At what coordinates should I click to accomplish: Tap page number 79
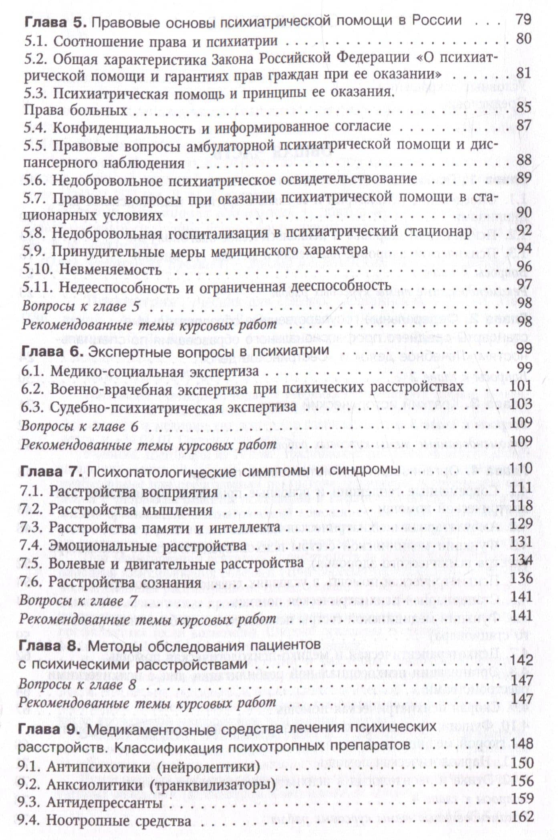tap(522, 19)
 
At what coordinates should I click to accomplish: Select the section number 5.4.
tap(35, 127)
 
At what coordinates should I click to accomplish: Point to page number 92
tap(524, 231)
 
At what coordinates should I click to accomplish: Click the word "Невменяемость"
tap(111, 269)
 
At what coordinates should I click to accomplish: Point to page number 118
tap(521, 506)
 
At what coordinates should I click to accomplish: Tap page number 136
tap(521, 578)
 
